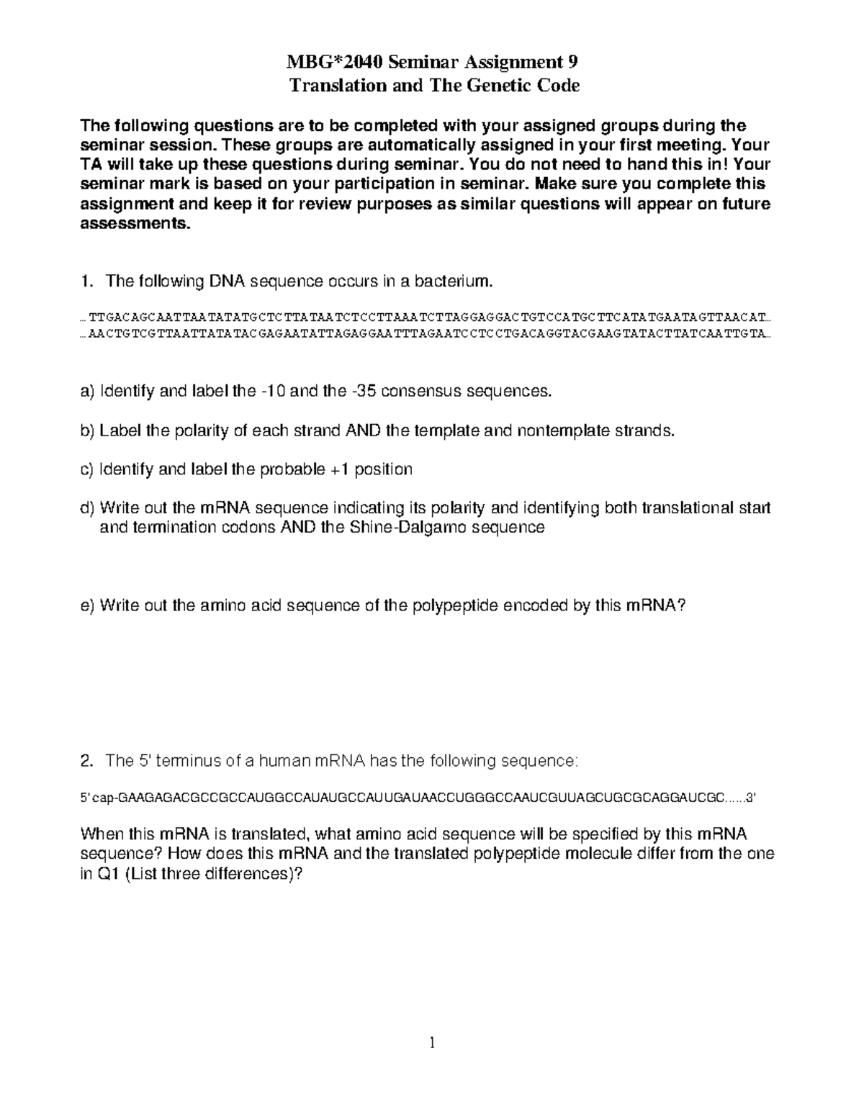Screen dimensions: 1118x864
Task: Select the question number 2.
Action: click(x=86, y=761)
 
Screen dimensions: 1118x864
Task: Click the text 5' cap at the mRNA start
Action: click(x=96, y=798)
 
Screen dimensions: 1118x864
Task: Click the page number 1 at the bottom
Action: click(x=432, y=1042)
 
